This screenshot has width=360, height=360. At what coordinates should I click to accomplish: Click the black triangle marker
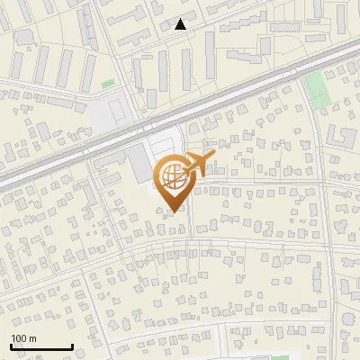(x=181, y=24)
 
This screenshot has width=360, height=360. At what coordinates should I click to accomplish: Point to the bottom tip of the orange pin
(x=173, y=211)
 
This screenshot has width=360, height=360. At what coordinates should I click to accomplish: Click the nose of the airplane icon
(x=215, y=156)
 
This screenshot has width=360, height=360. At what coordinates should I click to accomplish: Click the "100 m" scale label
(x=23, y=338)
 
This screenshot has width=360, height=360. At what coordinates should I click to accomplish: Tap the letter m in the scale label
(x=32, y=338)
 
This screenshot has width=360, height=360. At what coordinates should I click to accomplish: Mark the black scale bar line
(x=41, y=347)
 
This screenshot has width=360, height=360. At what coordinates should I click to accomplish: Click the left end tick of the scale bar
(x=11, y=346)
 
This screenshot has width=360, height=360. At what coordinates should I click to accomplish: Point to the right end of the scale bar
(x=72, y=346)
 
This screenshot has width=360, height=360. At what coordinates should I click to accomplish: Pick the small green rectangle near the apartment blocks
(x=108, y=84)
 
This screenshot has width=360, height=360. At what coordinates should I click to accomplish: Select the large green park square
(x=316, y=88)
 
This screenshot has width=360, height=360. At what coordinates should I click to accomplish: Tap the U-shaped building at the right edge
(x=343, y=137)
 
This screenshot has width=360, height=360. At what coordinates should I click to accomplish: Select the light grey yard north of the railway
(x=113, y=112)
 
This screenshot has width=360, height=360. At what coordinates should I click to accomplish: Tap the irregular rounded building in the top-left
(x=23, y=37)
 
